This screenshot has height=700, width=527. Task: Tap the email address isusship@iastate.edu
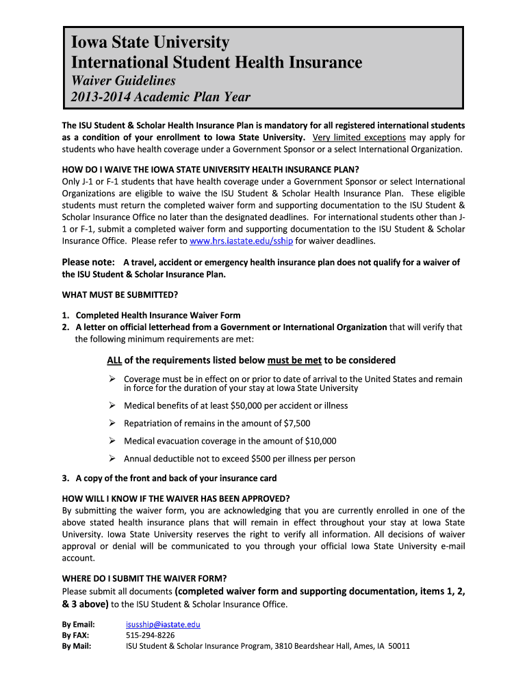pos(163,624)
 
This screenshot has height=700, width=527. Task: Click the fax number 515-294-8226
pos(150,635)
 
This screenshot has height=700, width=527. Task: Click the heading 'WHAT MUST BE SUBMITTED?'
pos(120,295)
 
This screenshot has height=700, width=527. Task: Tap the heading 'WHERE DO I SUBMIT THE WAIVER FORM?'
pos(144,578)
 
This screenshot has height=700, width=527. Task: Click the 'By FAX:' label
pos(77,635)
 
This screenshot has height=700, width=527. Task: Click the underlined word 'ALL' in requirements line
pos(114,360)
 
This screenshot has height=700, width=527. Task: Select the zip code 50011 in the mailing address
pos(398,645)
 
